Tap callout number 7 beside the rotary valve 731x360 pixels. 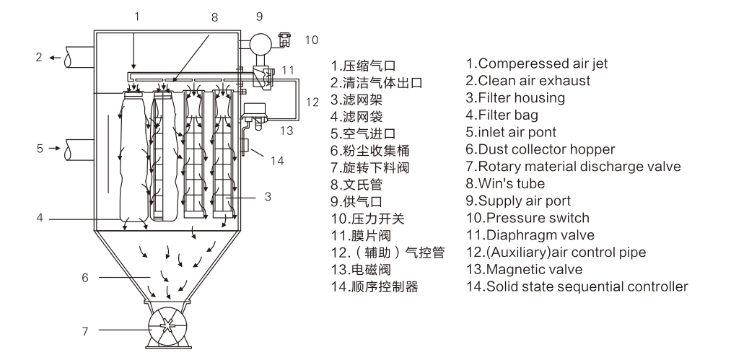85,331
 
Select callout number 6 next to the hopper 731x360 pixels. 85,276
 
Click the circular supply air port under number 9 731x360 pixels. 258,42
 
